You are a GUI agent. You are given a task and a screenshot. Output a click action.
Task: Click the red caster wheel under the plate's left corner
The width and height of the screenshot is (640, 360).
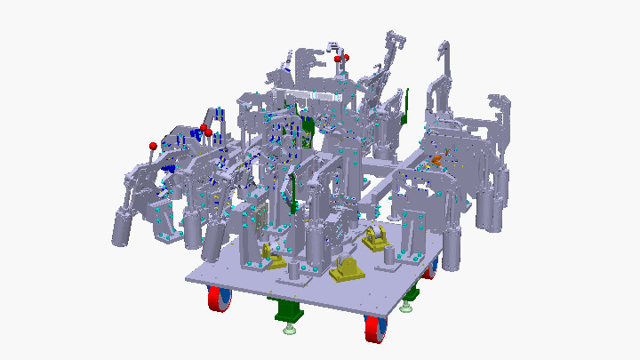pos(219,299)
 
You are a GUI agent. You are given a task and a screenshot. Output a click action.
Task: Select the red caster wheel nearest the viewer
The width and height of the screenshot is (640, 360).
pos(375,330)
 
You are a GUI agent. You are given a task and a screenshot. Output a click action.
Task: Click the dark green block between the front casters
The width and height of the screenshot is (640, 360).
pos(287,310)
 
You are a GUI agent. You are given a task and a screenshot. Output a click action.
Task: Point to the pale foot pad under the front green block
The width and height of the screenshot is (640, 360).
pos(290,332)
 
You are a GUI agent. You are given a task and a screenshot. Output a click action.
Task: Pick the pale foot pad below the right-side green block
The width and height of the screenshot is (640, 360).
pos(406,308)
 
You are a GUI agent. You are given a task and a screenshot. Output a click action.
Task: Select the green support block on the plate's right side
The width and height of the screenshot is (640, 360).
pos(412,293)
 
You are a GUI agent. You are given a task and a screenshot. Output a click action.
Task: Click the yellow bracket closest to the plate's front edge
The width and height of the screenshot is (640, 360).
pos(348,270)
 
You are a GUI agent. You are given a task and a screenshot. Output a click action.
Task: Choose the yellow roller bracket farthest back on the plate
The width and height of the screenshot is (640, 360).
pos(374,238)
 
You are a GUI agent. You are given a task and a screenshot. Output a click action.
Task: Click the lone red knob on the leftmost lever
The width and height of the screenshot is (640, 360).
pos(153,145)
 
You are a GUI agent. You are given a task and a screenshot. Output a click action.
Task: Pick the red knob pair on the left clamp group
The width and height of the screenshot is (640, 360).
pos(205,132)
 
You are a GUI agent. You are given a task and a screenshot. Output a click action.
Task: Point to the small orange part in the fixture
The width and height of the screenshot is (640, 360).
pos(436,162)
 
